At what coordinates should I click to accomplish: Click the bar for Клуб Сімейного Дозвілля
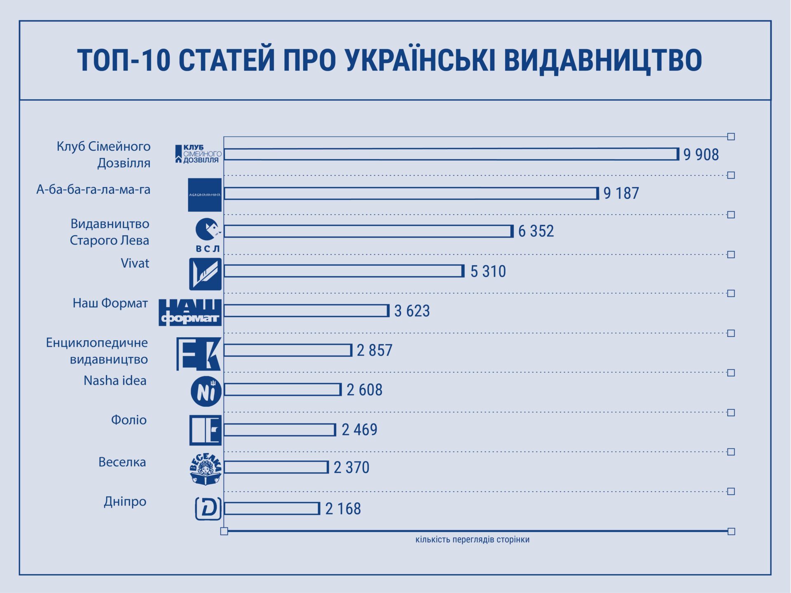[451, 154]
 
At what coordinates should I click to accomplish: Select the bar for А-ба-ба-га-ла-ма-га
[411, 194]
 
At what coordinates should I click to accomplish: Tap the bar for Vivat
[344, 271]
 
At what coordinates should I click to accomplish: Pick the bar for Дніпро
[272, 509]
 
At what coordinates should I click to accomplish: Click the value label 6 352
[536, 231]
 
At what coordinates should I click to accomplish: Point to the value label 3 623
[412, 311]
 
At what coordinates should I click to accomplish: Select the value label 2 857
[374, 350]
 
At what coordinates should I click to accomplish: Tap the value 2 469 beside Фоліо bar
[359, 430]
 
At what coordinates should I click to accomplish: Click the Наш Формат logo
[190, 313]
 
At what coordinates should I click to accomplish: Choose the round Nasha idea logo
[206, 391]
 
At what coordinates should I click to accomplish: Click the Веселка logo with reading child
[206, 469]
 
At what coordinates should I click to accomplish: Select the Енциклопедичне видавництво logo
[199, 354]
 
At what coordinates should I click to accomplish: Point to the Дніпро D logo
[208, 509]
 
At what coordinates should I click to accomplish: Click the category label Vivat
[135, 263]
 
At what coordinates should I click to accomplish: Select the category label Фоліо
[129, 420]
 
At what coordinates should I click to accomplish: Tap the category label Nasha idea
[115, 381]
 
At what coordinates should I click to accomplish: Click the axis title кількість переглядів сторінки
[472, 539]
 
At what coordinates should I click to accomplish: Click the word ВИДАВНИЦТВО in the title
[603, 60]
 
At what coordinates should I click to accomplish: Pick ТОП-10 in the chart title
[124, 60]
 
